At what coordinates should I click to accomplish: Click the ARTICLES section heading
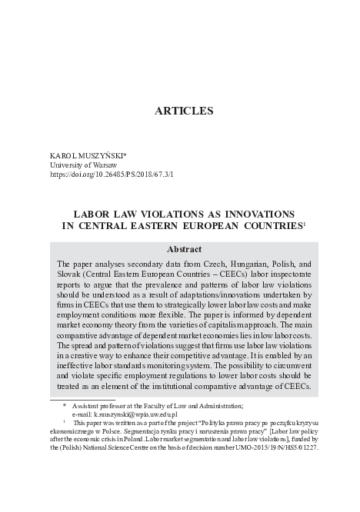coord(184,111)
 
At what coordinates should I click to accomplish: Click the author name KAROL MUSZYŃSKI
coord(86,155)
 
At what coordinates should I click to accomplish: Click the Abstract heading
coord(184,249)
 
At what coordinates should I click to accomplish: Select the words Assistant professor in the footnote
coord(102,405)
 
